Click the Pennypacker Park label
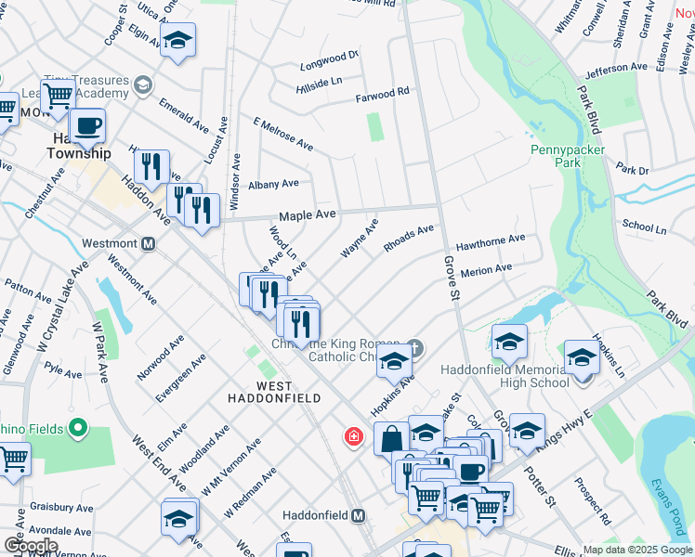pos(568,155)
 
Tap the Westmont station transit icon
pos(147,244)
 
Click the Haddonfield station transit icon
pos(358,515)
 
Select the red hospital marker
pos(353,435)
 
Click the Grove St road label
pos(452,278)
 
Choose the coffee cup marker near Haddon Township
pos(88,125)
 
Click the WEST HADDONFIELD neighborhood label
pos(262,391)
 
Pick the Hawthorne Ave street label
pos(492,240)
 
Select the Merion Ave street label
pos(486,269)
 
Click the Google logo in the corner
pos(30,546)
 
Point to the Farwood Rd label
pos(383,93)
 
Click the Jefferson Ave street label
pos(617,69)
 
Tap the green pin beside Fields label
pos(77,428)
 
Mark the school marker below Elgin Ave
pos(177,40)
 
